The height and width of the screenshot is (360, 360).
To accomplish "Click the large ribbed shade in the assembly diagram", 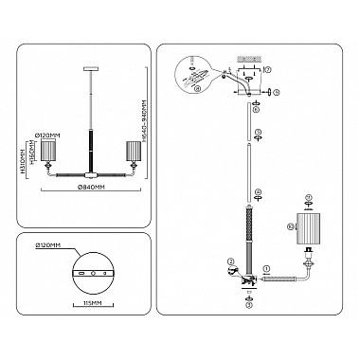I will [310, 234].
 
